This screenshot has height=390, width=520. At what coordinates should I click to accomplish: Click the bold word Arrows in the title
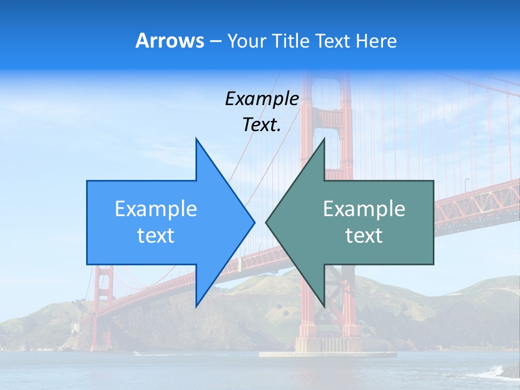(170, 41)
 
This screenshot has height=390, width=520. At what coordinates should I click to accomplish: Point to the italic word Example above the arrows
(262, 99)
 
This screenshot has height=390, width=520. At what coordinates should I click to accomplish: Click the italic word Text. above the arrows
(262, 125)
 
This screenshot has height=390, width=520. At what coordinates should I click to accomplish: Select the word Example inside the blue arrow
(156, 209)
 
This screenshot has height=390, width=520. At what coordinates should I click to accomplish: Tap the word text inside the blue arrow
(156, 235)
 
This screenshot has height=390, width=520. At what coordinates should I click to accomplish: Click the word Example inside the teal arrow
(364, 209)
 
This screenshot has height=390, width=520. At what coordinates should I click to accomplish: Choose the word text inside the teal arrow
(364, 235)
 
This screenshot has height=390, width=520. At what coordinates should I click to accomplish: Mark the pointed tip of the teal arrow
(266, 222)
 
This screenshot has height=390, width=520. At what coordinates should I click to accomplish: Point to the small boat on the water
(136, 353)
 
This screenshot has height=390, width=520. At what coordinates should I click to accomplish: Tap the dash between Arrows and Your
(215, 41)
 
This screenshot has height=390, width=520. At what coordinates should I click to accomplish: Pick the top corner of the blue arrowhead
(196, 139)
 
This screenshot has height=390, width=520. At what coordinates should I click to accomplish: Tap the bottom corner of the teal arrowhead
(324, 306)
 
